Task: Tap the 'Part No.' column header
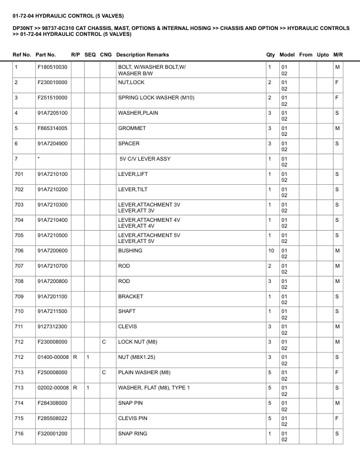pyautogui.click(x=46, y=55)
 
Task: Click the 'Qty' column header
pyautogui.click(x=271, y=55)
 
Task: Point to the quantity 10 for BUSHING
pyautogui.click(x=271, y=250)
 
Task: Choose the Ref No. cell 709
pyautogui.click(x=19, y=296)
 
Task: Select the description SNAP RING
pyautogui.click(x=133, y=434)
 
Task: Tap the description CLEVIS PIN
pyautogui.click(x=133, y=418)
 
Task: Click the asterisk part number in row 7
pyautogui.click(x=38, y=158)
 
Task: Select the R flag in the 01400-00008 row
pyautogui.click(x=74, y=357)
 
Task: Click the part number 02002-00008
pyautogui.click(x=53, y=388)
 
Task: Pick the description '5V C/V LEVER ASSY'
pyautogui.click(x=145, y=158)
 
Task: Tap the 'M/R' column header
pyautogui.click(x=338, y=55)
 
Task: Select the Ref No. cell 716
pyautogui.click(x=19, y=434)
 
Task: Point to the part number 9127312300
pyautogui.click(x=52, y=327)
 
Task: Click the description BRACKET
pyautogui.click(x=131, y=296)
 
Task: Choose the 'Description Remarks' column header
pyautogui.click(x=138, y=55)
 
